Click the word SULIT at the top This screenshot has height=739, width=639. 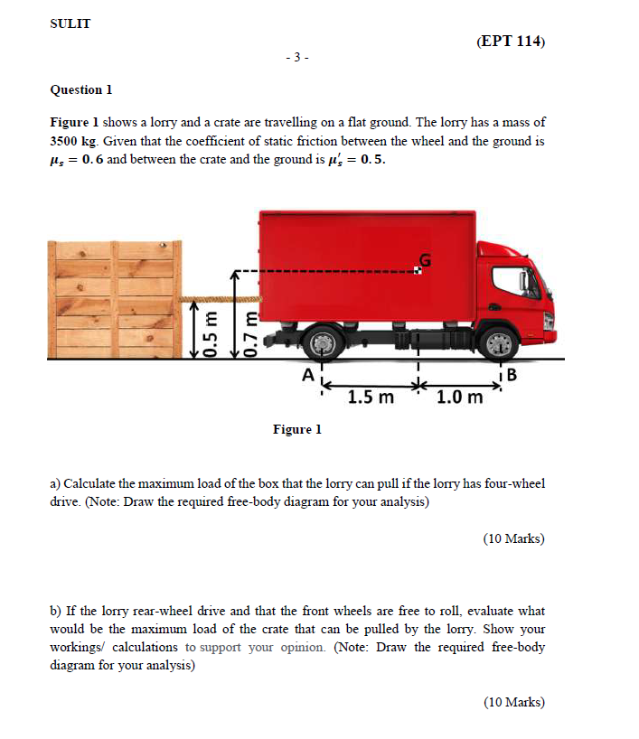[x=70, y=24]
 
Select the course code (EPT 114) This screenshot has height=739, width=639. [x=509, y=42]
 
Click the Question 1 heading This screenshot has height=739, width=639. [x=81, y=89]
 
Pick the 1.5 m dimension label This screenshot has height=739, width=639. [x=371, y=396]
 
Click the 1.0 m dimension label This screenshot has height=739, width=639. [x=458, y=396]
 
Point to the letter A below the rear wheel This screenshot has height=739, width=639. [x=308, y=374]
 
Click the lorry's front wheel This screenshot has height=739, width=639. [x=498, y=342]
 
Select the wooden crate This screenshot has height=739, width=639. [x=114, y=298]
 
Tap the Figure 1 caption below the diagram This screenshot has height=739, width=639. [x=297, y=429]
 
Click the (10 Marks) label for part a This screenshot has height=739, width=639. [x=513, y=538]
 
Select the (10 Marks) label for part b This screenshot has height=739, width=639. [x=513, y=702]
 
